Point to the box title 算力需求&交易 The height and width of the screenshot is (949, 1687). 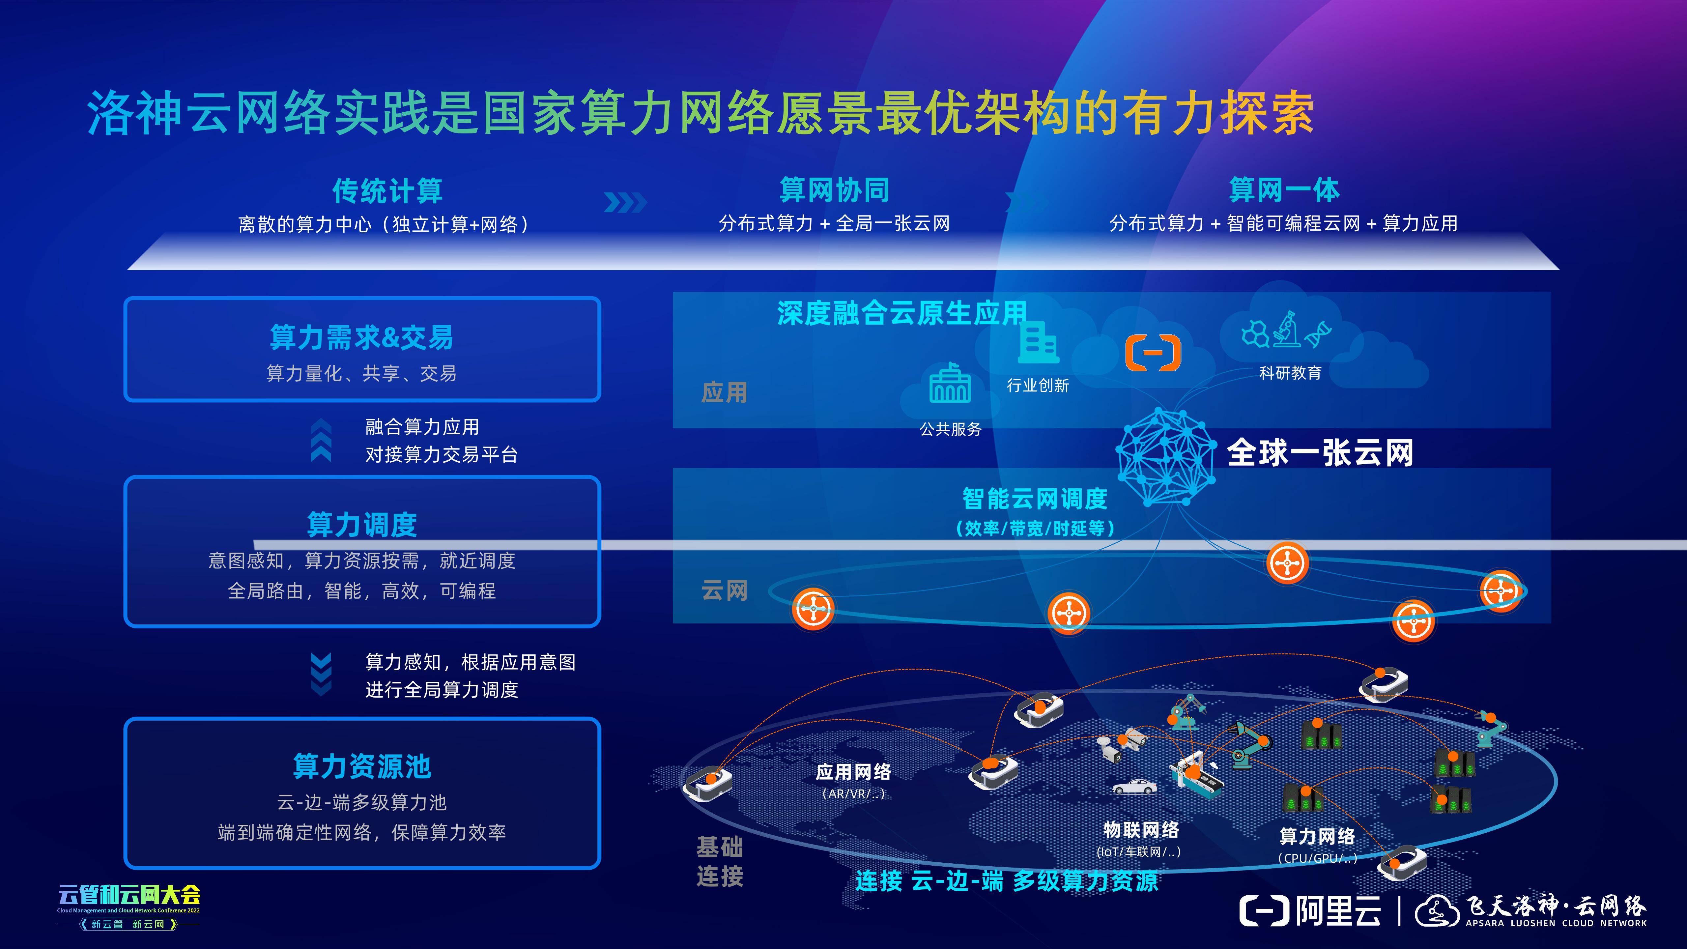[x=361, y=338]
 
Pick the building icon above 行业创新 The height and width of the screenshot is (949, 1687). [x=1038, y=344]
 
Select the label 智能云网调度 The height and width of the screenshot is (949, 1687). [x=1035, y=499]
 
